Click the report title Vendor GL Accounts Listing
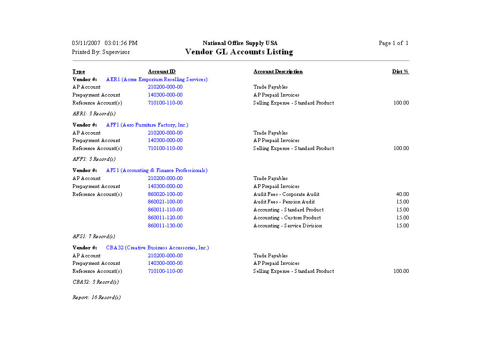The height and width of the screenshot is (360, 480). tap(239, 52)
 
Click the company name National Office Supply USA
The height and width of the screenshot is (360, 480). tap(240, 43)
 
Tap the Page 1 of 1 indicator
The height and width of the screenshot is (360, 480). tap(393, 43)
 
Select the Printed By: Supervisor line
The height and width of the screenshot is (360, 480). tap(101, 52)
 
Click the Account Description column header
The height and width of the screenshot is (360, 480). tap(278, 72)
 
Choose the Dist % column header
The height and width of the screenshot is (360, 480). tap(400, 72)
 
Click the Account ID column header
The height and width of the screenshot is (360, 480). tap(162, 72)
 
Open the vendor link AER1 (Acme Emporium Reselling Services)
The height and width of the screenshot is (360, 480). tap(157, 80)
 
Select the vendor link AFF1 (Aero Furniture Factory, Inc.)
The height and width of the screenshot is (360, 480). tap(147, 125)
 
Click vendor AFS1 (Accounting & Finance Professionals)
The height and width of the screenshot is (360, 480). tap(157, 171)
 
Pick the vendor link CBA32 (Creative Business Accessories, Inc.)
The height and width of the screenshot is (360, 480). tap(157, 248)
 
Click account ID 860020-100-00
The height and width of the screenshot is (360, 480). tap(165, 194)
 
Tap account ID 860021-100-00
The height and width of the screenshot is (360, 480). tap(165, 202)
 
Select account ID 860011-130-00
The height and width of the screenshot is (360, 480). tap(165, 226)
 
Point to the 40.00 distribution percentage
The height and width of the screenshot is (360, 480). tap(402, 194)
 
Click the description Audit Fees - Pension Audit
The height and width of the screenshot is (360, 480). tap(284, 202)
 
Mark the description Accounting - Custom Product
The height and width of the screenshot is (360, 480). tap(287, 218)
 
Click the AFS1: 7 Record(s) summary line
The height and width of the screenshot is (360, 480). tap(94, 237)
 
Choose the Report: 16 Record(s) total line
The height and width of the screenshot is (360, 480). tap(97, 298)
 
